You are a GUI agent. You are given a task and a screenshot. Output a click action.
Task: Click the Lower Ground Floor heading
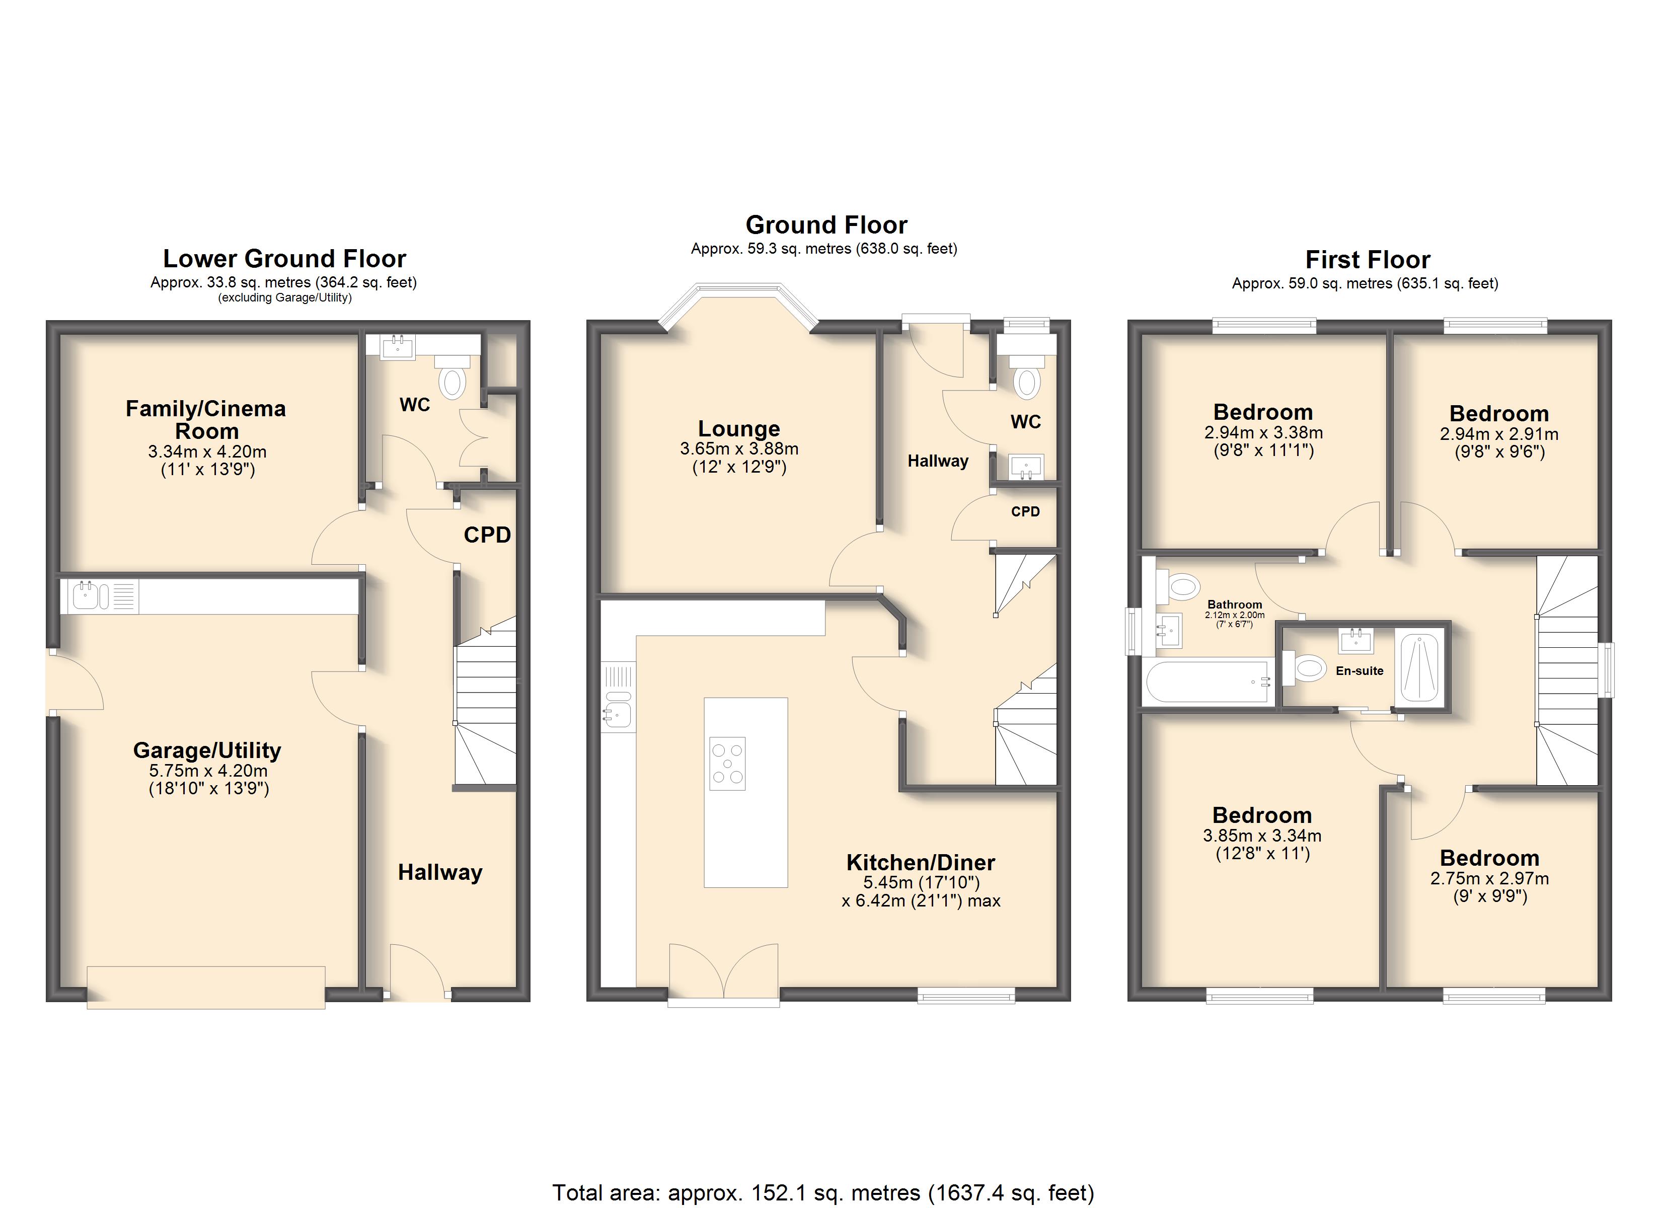(284, 259)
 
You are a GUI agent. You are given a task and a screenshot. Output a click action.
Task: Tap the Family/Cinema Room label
(206, 420)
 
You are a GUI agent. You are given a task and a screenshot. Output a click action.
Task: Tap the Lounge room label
(739, 428)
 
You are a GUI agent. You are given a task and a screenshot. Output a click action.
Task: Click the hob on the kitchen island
(727, 764)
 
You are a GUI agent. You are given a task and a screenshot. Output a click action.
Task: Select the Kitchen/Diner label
(921, 862)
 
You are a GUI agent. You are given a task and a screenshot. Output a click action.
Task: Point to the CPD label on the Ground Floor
(1025, 511)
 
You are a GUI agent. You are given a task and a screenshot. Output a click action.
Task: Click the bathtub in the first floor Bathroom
(1207, 682)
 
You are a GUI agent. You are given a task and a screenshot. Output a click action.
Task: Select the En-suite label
(1360, 670)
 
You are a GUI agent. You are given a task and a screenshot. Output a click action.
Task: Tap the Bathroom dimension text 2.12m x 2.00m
(1235, 616)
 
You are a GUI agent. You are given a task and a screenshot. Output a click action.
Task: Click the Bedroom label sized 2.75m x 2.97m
(1490, 857)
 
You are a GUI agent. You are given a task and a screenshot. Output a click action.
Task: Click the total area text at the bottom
(823, 1192)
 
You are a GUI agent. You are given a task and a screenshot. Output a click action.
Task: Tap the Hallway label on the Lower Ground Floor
(440, 872)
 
